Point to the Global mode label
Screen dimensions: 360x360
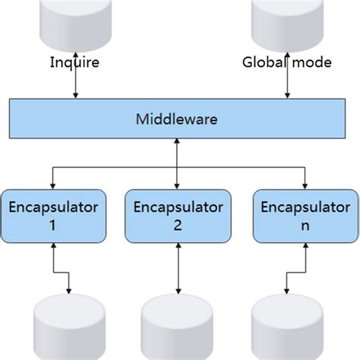point(286,63)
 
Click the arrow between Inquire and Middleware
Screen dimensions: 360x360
point(75,85)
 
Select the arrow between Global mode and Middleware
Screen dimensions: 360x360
point(287,85)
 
